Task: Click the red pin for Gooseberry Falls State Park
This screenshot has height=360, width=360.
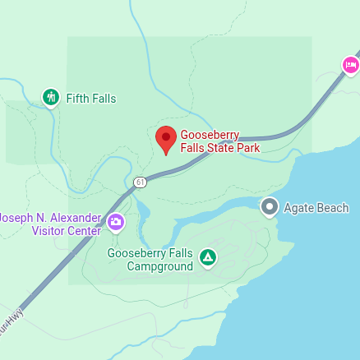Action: click(x=166, y=139)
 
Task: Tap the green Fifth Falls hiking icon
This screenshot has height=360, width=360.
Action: click(x=51, y=98)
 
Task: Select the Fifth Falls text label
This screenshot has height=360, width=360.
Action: click(x=91, y=99)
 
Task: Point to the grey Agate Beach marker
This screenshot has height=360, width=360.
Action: click(x=270, y=207)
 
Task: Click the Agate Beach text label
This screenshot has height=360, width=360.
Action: click(x=316, y=208)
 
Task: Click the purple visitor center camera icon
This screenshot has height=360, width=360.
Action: click(x=116, y=221)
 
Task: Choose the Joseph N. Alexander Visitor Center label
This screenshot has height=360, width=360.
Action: click(x=51, y=224)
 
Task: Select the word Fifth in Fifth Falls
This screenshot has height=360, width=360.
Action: click(x=78, y=99)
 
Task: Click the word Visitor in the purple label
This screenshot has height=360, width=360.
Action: click(x=48, y=231)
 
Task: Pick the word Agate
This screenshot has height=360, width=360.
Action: click(x=299, y=208)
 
